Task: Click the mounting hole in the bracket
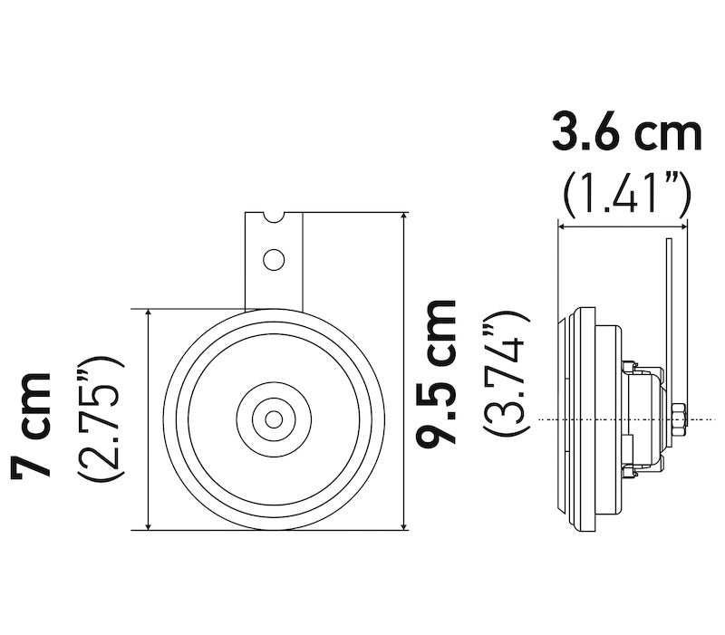tap(273, 260)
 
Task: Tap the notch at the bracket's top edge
tap(273, 216)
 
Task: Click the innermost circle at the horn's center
tap(273, 419)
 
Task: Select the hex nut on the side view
tap(679, 419)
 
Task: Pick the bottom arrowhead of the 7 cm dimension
tap(148, 524)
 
